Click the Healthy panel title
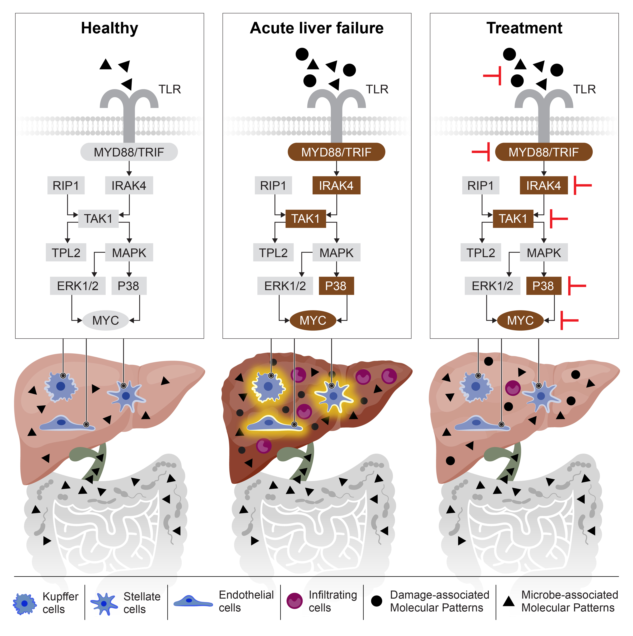110,28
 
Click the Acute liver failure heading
317,28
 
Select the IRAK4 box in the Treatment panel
543,186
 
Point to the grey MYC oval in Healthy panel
105,320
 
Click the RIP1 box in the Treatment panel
480,186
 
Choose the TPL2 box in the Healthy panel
66,253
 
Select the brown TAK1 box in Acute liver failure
305,219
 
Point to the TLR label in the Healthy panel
170,89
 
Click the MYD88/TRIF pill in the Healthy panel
129,152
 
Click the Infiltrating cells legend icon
294,601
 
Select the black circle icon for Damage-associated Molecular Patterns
376,601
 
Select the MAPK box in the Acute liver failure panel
336,253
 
